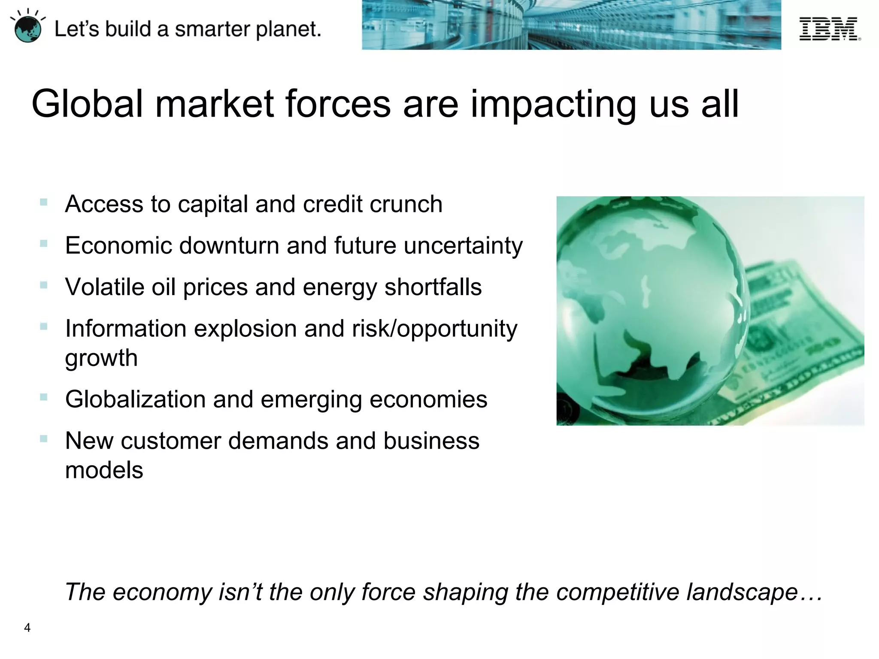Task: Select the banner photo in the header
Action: click(571, 25)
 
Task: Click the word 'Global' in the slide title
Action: click(87, 104)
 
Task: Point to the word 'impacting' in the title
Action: click(554, 105)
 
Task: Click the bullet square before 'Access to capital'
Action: click(43, 202)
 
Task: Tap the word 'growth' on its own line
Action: click(101, 358)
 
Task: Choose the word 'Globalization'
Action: click(135, 399)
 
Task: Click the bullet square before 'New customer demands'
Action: click(43, 439)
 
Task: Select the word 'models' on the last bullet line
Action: click(104, 470)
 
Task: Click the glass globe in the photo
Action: click(648, 309)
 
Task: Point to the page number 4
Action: click(27, 628)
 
